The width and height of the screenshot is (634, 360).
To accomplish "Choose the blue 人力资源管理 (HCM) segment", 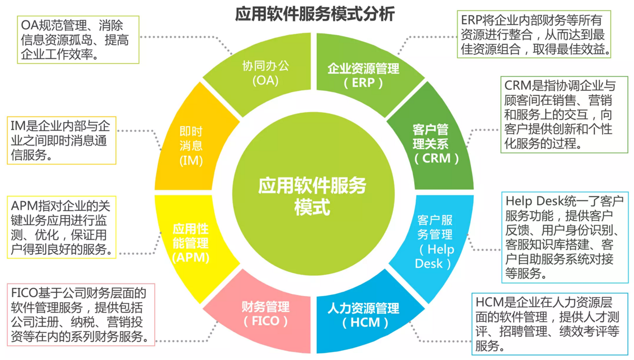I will pyautogui.click(x=364, y=315).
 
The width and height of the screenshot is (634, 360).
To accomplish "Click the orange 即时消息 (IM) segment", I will pyautogui.click(x=191, y=146).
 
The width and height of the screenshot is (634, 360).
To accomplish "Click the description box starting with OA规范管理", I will pyautogui.click(x=78, y=39).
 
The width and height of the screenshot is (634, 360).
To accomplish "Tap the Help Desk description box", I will pyautogui.click(x=565, y=237).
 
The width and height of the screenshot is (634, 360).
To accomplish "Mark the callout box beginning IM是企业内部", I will pyautogui.click(x=61, y=141).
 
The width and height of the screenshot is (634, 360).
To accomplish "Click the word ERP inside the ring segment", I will pyautogui.click(x=364, y=82).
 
